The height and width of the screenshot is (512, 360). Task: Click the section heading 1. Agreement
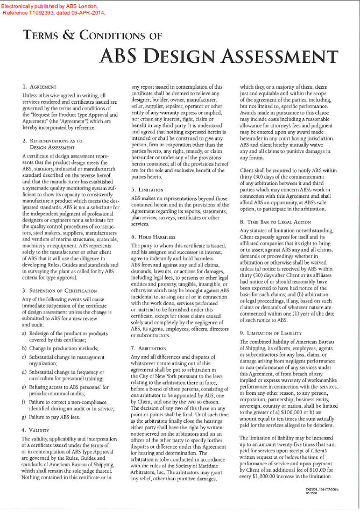40,87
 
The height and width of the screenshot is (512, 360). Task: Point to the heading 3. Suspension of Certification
59,290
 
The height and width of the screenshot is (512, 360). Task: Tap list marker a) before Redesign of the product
25,333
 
